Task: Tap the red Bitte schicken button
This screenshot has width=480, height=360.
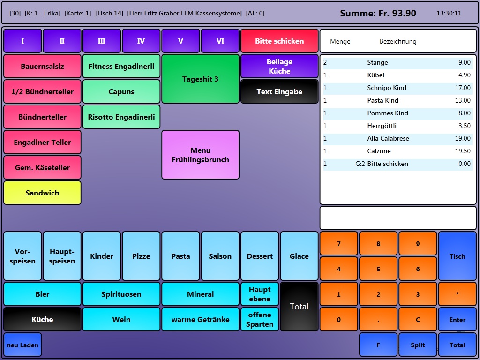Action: click(x=279, y=41)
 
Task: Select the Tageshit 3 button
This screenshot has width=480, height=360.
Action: click(x=200, y=79)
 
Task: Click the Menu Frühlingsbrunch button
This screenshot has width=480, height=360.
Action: click(x=200, y=155)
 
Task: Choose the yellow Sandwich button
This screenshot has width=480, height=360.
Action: click(x=42, y=193)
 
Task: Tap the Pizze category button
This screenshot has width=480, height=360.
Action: click(x=141, y=256)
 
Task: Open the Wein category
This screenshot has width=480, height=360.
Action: click(x=121, y=319)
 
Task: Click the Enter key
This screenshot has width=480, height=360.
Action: click(x=457, y=320)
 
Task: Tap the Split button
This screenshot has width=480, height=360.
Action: click(x=418, y=345)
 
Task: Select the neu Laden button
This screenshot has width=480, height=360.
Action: click(x=22, y=345)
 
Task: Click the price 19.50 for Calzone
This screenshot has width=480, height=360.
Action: click(x=463, y=151)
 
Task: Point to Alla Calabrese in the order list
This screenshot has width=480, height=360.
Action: click(x=388, y=138)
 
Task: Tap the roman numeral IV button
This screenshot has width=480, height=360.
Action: click(x=141, y=41)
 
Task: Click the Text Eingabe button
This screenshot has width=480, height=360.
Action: click(x=279, y=91)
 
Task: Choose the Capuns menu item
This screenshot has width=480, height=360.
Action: click(x=121, y=91)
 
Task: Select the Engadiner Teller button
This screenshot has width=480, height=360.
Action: click(x=42, y=142)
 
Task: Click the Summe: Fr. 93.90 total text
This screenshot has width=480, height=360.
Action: click(x=378, y=13)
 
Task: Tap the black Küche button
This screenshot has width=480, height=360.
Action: click(x=42, y=319)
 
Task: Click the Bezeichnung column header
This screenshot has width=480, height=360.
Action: click(x=398, y=41)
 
